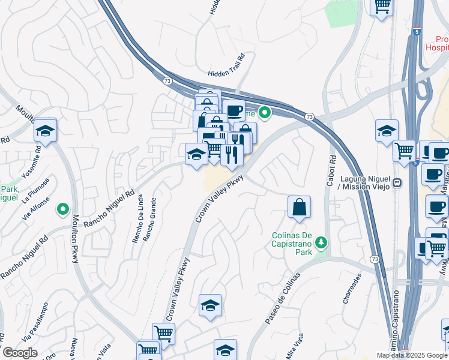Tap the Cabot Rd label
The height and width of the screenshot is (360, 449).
click(332, 171)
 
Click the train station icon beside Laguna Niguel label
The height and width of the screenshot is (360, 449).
click(397, 182)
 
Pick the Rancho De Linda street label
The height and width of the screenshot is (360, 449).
click(137, 219)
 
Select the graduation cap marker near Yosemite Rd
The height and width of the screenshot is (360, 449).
click(45, 131)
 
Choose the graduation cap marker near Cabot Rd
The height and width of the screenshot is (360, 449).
click(387, 131)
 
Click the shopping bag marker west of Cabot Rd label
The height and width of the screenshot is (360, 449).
click(299, 208)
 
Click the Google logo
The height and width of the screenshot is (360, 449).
click(20, 353)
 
